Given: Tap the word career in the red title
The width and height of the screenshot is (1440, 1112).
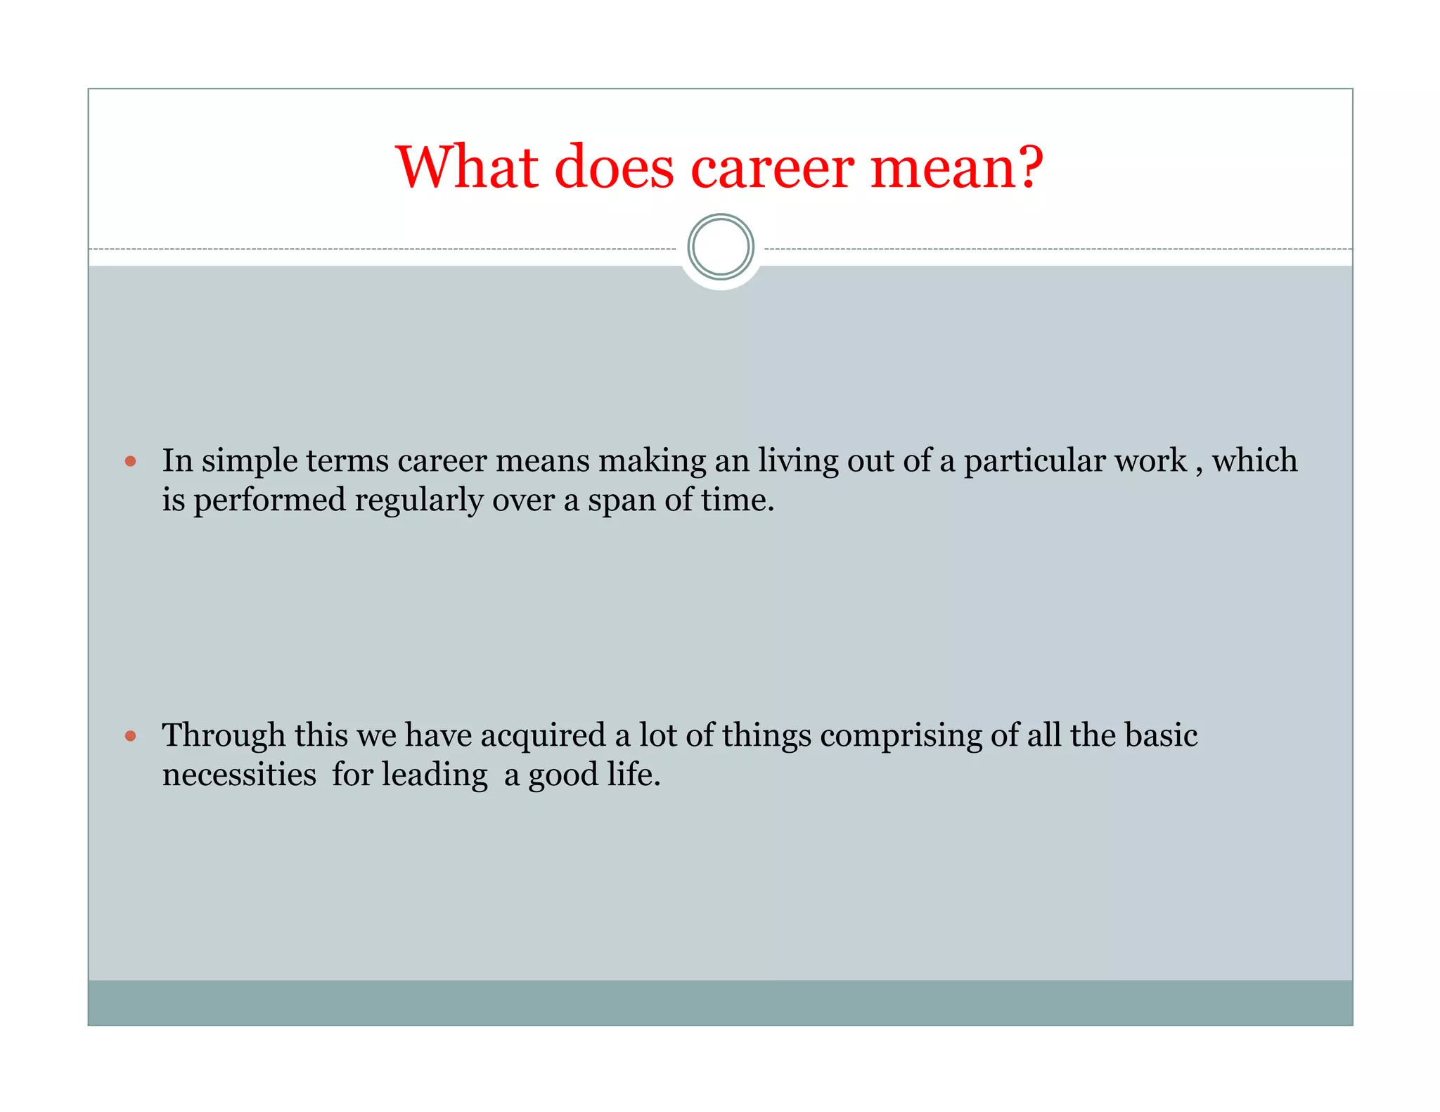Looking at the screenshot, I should coord(772,169).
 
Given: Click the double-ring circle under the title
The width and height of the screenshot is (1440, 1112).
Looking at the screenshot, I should coord(721,247).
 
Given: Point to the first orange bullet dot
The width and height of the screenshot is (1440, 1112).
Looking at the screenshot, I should coord(130,462).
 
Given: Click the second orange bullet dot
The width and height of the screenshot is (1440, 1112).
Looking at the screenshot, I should coord(130,736).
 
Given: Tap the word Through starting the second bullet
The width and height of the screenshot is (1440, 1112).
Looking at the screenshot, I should coord(224,737).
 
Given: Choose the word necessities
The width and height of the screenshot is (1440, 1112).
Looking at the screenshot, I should coord(239,775).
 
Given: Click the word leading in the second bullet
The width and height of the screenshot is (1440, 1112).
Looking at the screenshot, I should coord(435,775).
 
